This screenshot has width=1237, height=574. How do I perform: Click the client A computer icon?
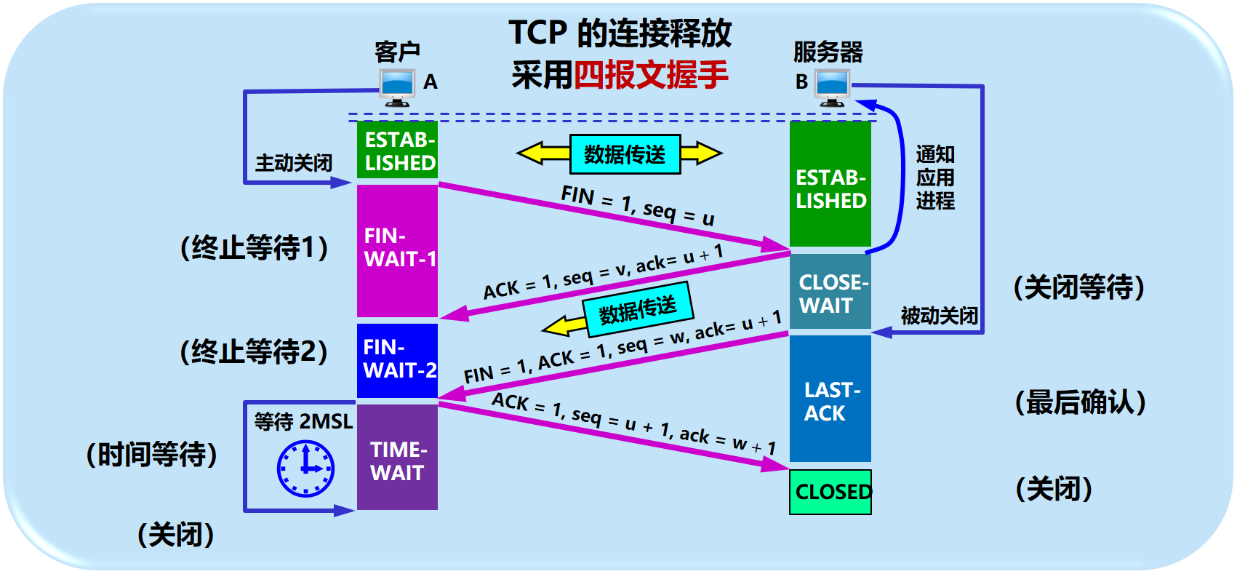pos(397,88)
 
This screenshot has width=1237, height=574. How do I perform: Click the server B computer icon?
pos(833,87)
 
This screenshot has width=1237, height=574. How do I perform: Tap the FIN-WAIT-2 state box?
pos(397,360)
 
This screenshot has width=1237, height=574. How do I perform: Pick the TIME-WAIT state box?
pos(397,458)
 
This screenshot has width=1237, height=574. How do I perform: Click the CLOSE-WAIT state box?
pos(830,292)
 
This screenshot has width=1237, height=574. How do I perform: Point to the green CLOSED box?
pos(830,492)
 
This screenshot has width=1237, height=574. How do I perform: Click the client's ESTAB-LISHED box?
pos(397,151)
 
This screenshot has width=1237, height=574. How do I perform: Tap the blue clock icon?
pos(305,469)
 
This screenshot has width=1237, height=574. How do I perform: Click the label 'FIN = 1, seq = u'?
pos(637,204)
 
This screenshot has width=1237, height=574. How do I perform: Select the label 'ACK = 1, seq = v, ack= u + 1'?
pos(603,271)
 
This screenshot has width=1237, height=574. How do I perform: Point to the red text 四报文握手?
pos(651,75)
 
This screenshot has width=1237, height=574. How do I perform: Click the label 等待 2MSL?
pos(303,421)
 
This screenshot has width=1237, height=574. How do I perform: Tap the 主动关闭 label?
pos(293,162)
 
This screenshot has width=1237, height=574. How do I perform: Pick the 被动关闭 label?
pos(939,316)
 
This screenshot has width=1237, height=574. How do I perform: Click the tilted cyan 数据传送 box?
pos(637,309)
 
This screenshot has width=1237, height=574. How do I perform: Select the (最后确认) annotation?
pos(1080,402)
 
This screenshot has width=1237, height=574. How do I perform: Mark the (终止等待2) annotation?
pos(254,351)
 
